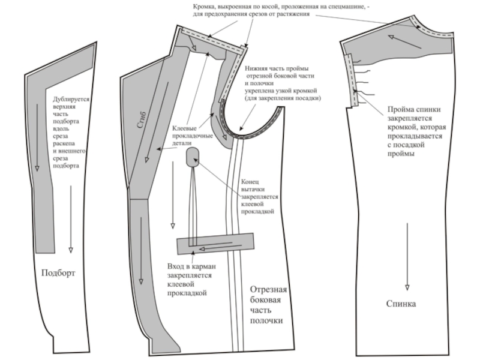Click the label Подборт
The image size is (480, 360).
point(58,274)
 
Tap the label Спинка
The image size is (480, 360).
point(401,304)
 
